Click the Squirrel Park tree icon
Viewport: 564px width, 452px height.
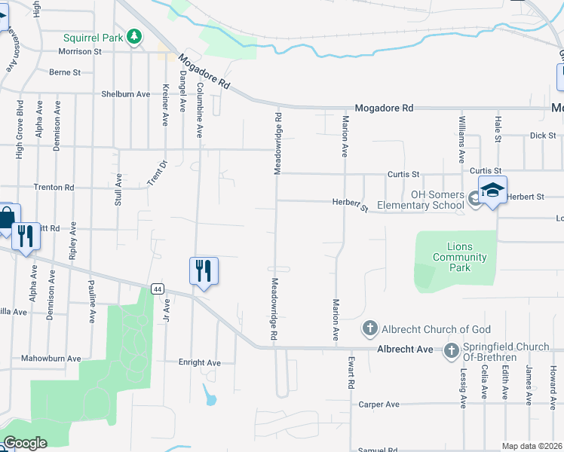click(134, 35)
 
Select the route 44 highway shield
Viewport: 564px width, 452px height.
click(157, 289)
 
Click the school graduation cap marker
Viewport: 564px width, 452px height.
click(492, 190)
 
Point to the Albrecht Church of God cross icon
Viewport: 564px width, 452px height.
click(369, 328)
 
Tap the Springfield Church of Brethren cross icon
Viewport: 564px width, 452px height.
click(451, 350)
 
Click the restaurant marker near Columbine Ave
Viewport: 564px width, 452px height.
click(203, 270)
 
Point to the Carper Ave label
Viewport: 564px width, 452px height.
click(379, 405)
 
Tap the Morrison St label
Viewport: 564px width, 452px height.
click(80, 51)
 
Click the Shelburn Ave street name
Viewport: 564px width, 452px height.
click(126, 94)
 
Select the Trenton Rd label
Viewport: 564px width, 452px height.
click(54, 187)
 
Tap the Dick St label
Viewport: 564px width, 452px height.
click(542, 136)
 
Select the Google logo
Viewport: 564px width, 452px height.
click(25, 443)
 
